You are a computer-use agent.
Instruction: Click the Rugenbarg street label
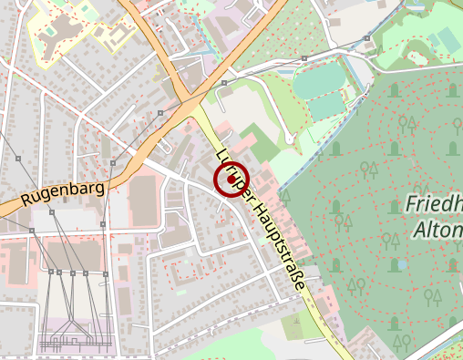click(62, 191)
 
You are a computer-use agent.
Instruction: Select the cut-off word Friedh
click(434, 202)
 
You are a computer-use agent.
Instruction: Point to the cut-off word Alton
click(437, 228)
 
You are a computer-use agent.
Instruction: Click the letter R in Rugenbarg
click(26, 200)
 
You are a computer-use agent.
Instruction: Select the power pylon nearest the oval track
click(223, 83)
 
